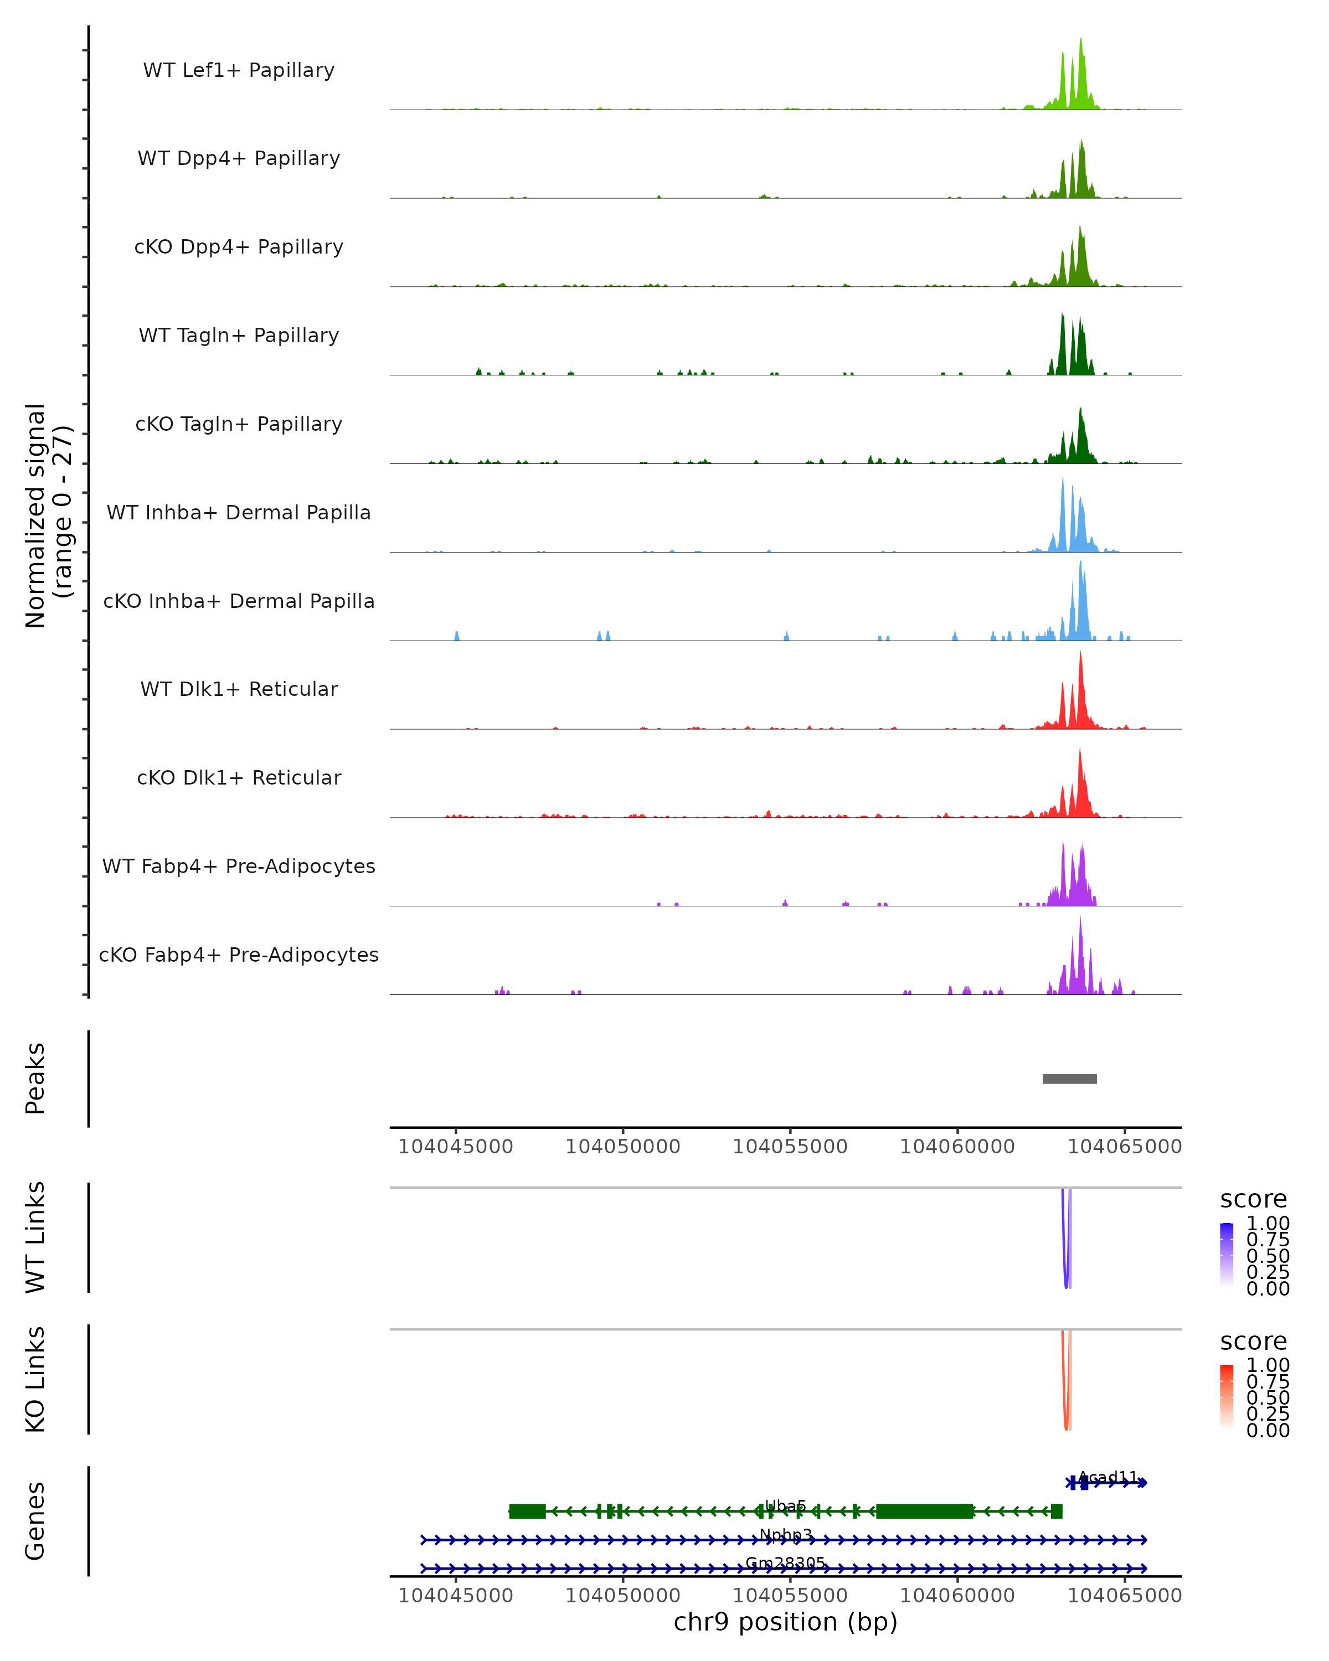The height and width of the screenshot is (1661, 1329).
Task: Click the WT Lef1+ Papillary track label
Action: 239,70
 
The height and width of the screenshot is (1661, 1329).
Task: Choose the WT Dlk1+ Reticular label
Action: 239,689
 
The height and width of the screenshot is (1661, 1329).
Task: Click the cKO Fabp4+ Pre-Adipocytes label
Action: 239,955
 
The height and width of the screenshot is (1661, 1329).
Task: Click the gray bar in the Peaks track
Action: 1069,1079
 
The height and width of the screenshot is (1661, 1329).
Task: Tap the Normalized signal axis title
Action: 48,515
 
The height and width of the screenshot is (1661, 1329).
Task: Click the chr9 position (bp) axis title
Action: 785,1622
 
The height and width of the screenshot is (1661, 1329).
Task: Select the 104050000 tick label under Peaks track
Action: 622,1147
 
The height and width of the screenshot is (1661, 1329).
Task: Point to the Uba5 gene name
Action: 785,1505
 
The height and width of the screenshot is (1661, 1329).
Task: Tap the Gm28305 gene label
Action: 785,1563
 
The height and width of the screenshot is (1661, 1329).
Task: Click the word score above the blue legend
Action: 1253,1200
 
